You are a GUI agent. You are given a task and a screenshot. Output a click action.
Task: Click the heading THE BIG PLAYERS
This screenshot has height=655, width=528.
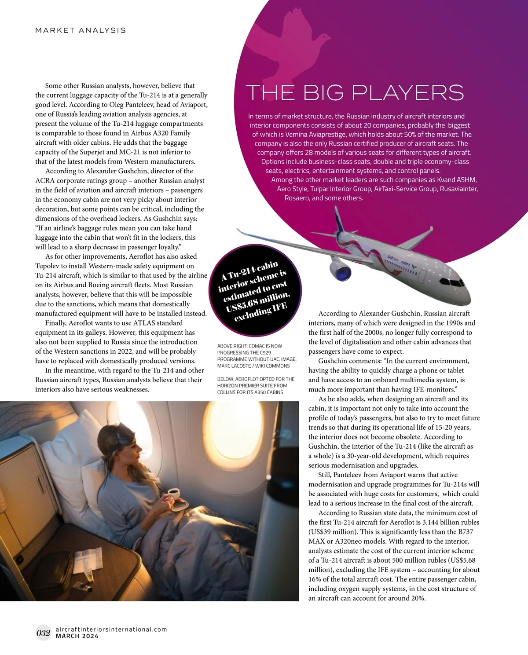click(355, 93)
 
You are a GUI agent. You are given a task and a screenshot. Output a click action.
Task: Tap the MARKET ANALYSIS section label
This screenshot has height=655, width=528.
click(81, 30)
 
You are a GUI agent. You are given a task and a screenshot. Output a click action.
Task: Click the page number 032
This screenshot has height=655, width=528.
click(44, 633)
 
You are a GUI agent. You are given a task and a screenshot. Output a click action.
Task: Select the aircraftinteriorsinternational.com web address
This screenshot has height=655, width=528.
click(111, 629)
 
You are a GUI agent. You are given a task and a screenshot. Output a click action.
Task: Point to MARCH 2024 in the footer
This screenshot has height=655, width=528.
click(77, 636)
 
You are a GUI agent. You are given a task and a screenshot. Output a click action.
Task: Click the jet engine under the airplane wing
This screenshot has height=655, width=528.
click(340, 268)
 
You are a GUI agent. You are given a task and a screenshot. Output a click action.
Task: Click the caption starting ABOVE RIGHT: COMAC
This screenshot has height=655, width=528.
click(257, 356)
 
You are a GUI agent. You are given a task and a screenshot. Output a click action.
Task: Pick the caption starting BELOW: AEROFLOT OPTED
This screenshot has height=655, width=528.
click(256, 385)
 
